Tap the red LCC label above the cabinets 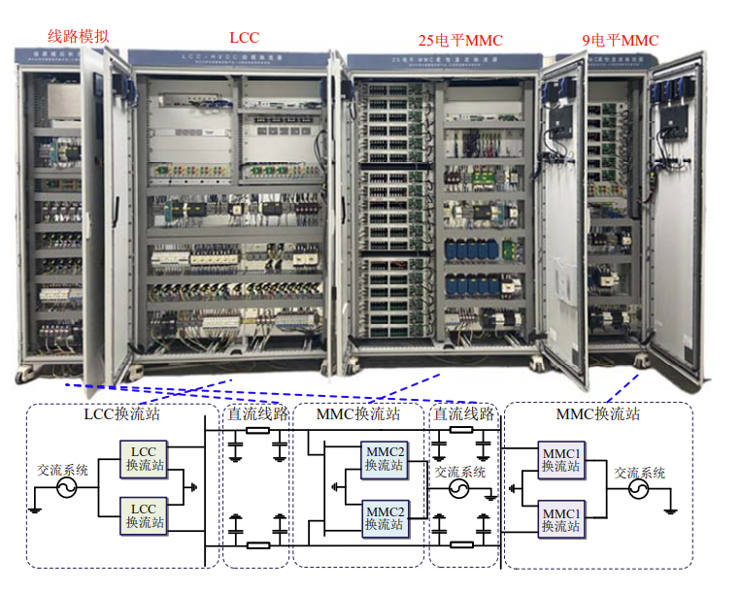pos(244,38)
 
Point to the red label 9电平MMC pos(620,41)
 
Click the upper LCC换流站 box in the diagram pos(144,459)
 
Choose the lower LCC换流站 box pos(144,515)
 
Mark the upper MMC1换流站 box pos(560,459)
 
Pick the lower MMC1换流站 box pos(560,516)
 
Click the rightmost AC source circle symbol pos(639,491)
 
